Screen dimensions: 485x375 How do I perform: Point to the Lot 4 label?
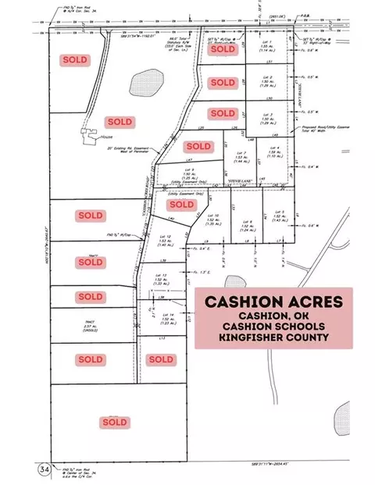tap(274, 150)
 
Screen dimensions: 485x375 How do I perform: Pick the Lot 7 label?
tap(241, 155)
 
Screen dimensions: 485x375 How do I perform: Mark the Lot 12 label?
tap(164, 241)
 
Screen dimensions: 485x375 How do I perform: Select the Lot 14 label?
tap(165, 316)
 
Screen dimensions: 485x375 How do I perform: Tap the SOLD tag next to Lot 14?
tap(160, 359)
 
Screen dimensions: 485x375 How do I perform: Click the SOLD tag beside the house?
tap(120, 122)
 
